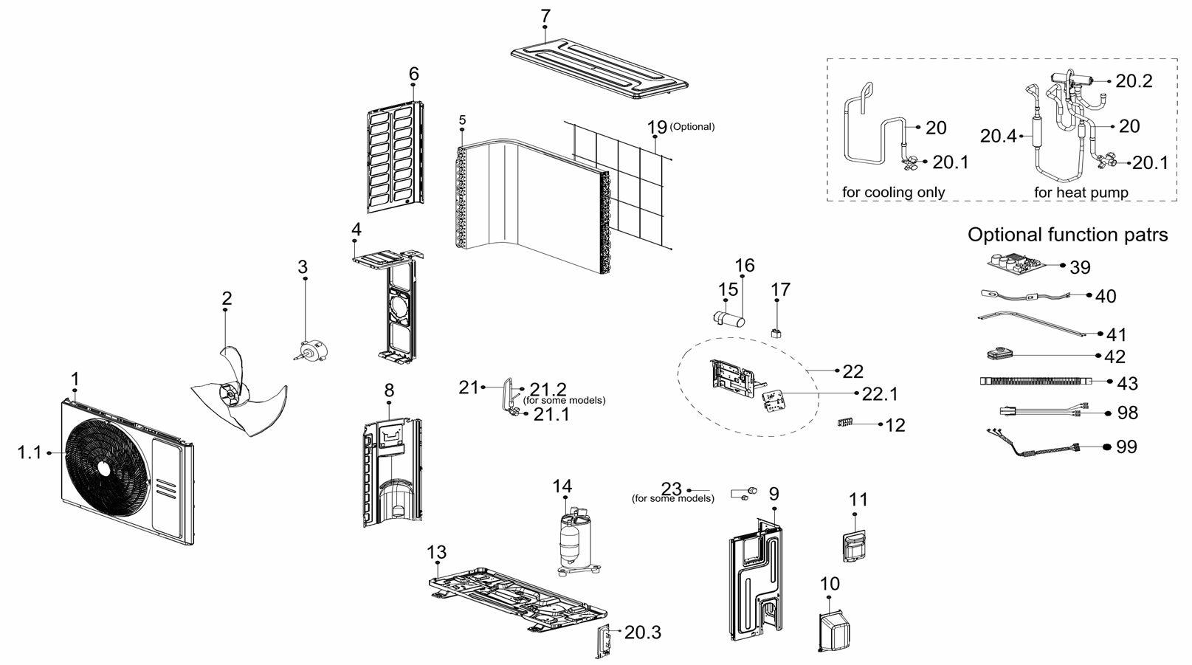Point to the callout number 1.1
(30, 452)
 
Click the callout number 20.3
(642, 633)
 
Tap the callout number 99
(1126, 447)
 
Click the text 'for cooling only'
(893, 193)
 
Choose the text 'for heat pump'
(1081, 193)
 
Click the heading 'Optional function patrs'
(1067, 235)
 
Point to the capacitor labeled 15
(728, 318)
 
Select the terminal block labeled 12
(846, 424)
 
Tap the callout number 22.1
(880, 394)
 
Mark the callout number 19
(657, 128)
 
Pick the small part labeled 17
(776, 333)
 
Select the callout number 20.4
(998, 136)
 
